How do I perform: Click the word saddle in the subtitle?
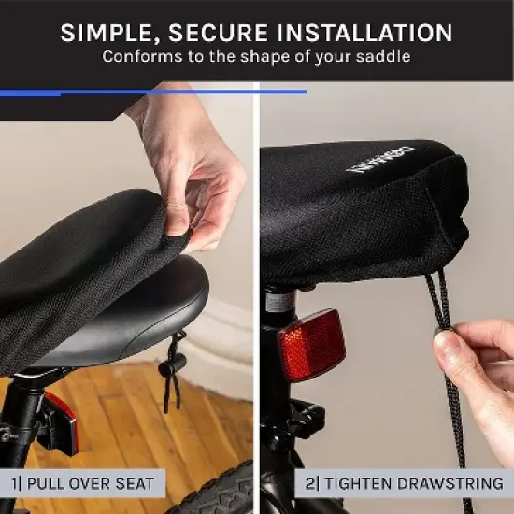[x=387, y=57]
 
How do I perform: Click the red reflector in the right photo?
[x=313, y=344]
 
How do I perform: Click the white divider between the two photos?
[x=256, y=280]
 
